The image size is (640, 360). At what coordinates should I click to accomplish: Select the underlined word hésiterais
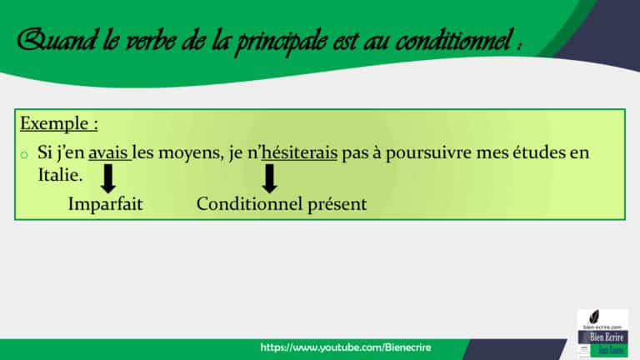point(299,156)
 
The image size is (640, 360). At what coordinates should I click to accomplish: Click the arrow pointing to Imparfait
point(108,178)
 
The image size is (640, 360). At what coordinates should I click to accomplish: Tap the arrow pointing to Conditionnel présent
point(268,178)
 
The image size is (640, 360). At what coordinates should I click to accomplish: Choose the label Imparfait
point(105,204)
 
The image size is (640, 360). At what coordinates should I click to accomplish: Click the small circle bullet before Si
point(25,157)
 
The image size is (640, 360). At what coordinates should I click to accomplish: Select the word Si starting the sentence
point(44,156)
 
